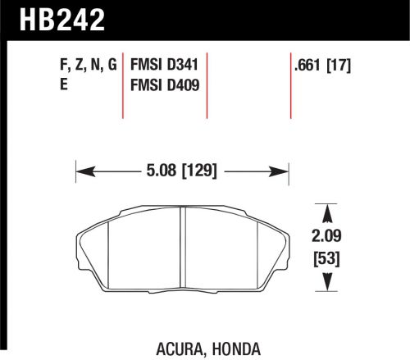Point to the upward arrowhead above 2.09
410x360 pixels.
(327, 211)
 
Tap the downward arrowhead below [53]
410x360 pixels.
(327, 285)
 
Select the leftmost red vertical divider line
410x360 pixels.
(124, 86)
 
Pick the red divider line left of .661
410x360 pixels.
(291, 86)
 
